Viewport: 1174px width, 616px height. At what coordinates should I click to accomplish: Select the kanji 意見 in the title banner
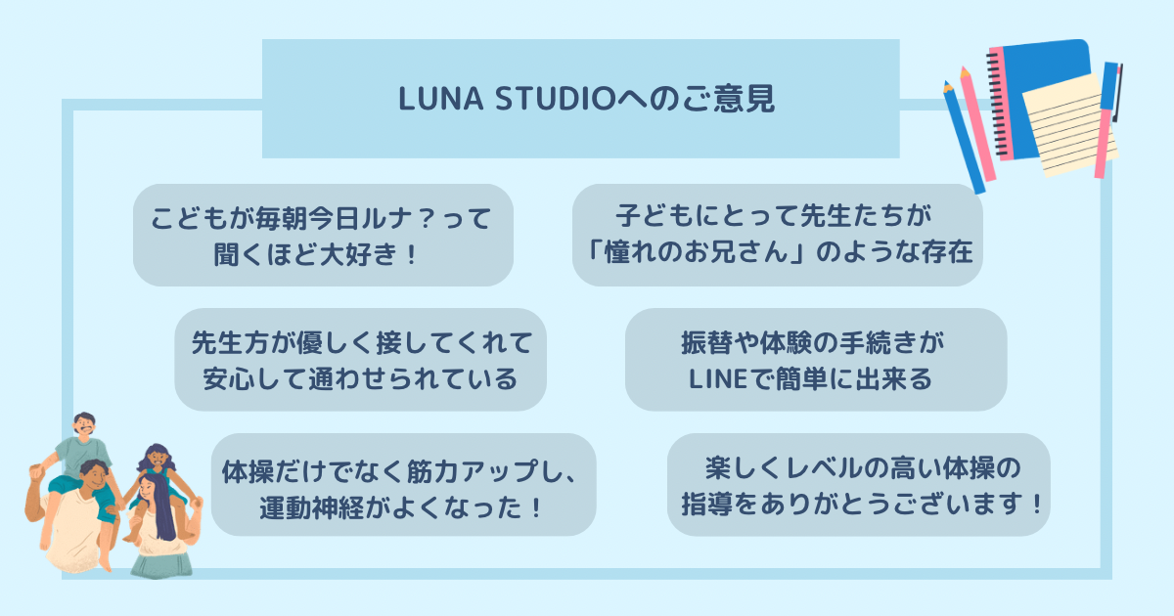(x=748, y=100)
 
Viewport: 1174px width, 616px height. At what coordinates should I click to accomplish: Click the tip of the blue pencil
(x=946, y=85)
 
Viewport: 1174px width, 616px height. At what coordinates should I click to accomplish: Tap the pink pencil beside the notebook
(x=977, y=127)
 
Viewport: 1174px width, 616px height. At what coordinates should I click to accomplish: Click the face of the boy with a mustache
(x=85, y=426)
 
